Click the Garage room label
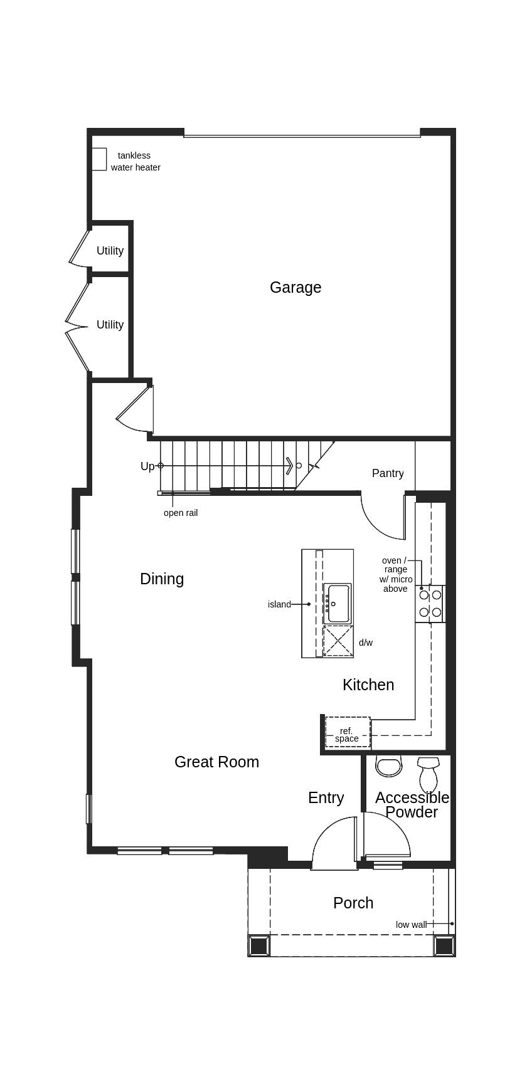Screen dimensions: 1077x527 pos(295,287)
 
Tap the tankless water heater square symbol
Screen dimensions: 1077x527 pos(99,159)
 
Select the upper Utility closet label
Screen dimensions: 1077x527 pos(110,251)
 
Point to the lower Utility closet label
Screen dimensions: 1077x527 pos(110,325)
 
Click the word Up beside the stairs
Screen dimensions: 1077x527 pos(147,466)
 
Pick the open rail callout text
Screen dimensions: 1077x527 pos(181,513)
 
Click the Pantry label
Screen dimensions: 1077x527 pos(388,473)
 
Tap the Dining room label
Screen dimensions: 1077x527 pos(162,579)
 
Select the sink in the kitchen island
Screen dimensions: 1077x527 pos(338,603)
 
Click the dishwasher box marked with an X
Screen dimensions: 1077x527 pos(338,641)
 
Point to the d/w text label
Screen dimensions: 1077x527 pos(366,643)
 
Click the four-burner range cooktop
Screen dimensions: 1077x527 pos(430,604)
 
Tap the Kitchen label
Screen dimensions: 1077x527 pos(368,685)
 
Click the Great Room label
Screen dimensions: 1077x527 pos(216,762)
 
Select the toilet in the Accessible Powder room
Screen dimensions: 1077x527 pos(429,775)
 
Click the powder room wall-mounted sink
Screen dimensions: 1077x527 pos(388,766)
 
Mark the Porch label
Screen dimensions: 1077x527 pos(353,903)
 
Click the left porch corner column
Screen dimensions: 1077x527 pos(259,945)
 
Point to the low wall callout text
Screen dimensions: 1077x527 pos(411,925)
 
